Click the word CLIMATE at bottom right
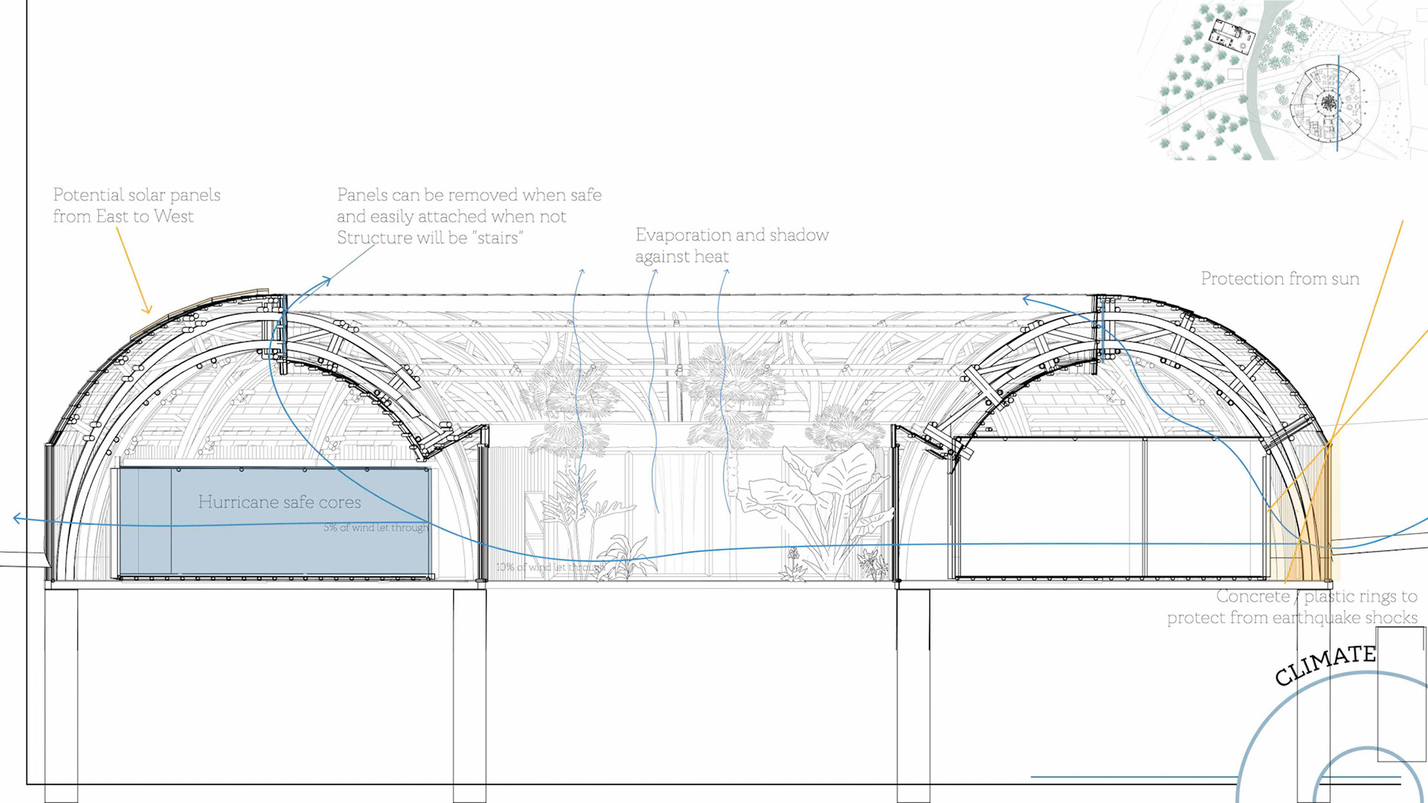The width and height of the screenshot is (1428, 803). pyautogui.click(x=1325, y=665)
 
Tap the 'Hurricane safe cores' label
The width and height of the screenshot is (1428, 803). pyautogui.click(x=280, y=502)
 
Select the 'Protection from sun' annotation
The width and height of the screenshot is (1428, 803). pyautogui.click(x=1279, y=279)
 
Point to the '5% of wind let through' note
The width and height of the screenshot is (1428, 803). pyautogui.click(x=376, y=528)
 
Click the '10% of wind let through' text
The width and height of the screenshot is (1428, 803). pyautogui.click(x=550, y=567)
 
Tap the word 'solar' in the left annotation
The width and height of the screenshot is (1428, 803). pyautogui.click(x=149, y=195)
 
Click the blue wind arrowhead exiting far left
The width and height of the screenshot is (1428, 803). pyautogui.click(x=16, y=519)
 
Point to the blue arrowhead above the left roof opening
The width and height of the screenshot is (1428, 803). pyautogui.click(x=327, y=280)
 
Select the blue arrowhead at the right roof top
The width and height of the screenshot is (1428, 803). pyautogui.click(x=1026, y=300)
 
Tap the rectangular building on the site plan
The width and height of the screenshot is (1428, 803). pyautogui.click(x=1230, y=36)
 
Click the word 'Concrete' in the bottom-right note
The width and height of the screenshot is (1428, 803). pyautogui.click(x=1253, y=597)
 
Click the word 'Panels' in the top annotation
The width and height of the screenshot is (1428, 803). pyautogui.click(x=362, y=195)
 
